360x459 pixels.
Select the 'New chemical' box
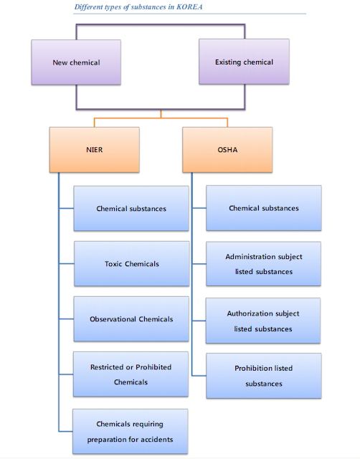coord(76,62)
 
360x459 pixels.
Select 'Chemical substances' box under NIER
coord(131,209)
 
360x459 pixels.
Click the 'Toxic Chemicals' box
coord(131,264)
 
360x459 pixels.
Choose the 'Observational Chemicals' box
coord(131,319)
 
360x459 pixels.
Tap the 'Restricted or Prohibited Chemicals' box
coord(131,374)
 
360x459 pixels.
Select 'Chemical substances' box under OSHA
coord(263,209)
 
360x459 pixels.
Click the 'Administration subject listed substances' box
coord(263,264)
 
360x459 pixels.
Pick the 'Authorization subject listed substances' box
coord(263,321)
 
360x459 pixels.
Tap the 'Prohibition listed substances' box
coord(263,376)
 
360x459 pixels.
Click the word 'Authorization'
coord(248,313)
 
